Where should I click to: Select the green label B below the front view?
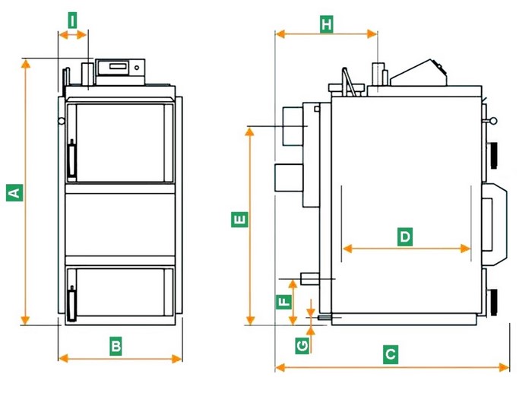[116, 346]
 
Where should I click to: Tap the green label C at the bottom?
[390, 354]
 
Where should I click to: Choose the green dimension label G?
[302, 346]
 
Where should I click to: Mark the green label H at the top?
[326, 24]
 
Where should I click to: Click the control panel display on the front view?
[119, 68]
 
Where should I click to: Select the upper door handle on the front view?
[72, 160]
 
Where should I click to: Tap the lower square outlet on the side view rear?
[287, 178]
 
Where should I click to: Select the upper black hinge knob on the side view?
[494, 154]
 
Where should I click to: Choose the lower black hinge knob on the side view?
[494, 300]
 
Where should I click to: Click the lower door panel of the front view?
[122, 293]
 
